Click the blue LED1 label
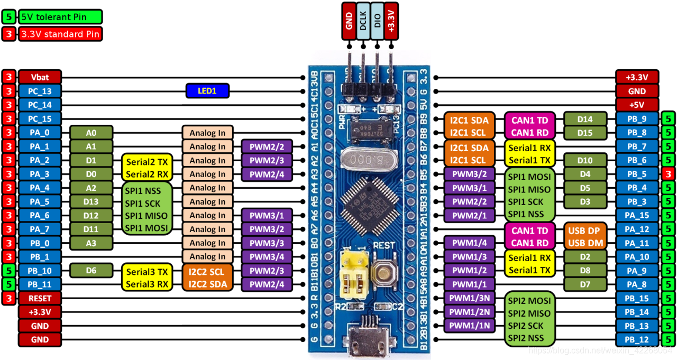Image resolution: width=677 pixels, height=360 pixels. point(207,91)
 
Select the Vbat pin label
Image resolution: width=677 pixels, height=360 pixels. point(40,77)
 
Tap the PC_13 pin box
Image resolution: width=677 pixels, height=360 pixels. point(40,91)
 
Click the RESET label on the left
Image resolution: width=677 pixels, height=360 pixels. point(40,298)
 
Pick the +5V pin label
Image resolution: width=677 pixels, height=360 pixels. point(637,105)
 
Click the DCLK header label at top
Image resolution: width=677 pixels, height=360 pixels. point(363,21)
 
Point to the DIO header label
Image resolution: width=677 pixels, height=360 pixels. point(377,21)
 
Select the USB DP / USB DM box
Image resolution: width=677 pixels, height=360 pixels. point(584,237)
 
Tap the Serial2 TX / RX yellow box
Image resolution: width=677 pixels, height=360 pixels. point(145,168)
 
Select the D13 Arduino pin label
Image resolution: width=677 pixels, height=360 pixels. point(91,201)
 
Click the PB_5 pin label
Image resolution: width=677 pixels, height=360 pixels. point(637,173)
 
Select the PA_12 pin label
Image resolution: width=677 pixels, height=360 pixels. point(637,229)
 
